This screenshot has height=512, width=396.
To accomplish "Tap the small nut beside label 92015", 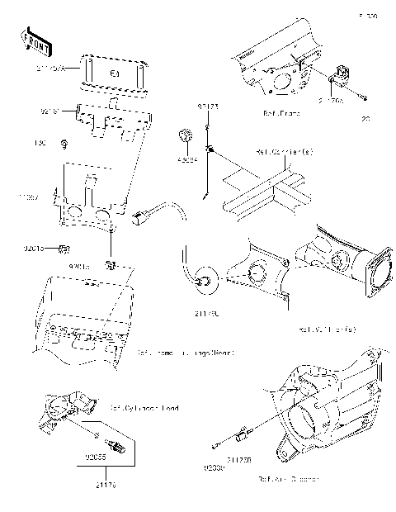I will pos(68,248).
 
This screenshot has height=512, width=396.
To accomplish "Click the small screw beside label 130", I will pos(63,145).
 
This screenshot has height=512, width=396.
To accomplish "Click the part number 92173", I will pos(206,107).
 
